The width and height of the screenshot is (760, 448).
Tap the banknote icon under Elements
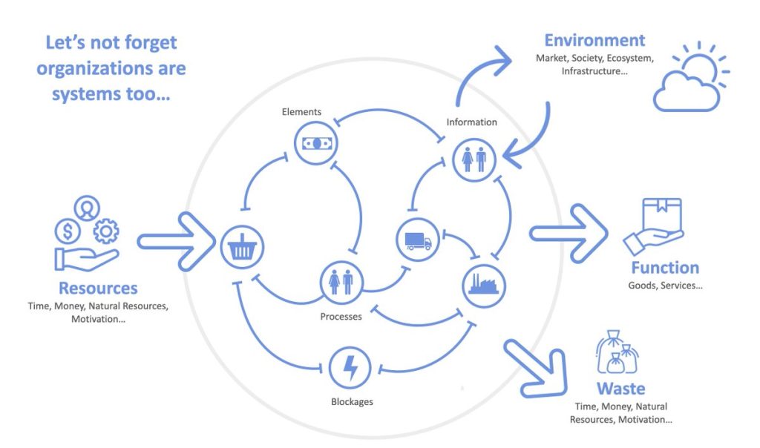(x=316, y=142)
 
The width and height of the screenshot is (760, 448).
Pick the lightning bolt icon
(x=350, y=368)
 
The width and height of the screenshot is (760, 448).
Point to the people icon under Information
(x=474, y=159)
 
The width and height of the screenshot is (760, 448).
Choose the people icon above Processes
(x=341, y=283)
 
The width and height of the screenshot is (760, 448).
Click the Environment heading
(x=594, y=40)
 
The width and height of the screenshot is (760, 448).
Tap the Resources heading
(x=98, y=288)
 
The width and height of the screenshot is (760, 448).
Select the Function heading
(x=665, y=268)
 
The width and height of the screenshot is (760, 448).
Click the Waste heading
(x=620, y=389)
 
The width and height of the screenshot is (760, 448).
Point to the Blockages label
(x=352, y=402)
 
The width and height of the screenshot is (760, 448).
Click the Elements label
(x=301, y=112)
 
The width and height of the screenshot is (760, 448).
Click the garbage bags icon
(x=617, y=352)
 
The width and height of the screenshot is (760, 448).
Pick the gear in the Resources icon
(x=106, y=232)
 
